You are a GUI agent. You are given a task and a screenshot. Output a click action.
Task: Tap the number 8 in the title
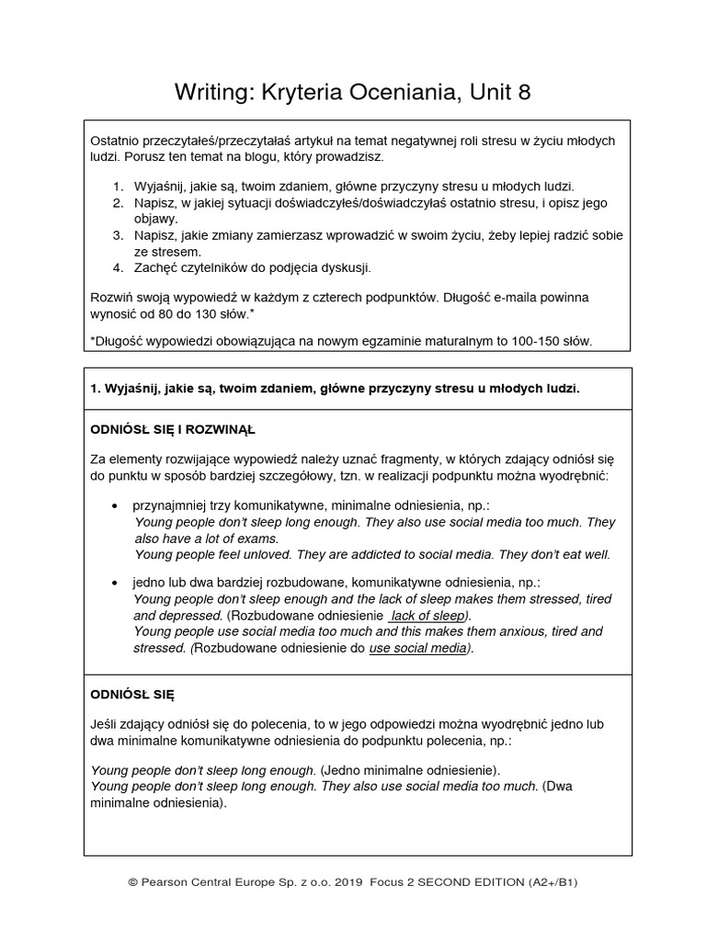tap(524, 92)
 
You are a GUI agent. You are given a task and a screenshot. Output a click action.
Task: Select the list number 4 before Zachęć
tap(118, 267)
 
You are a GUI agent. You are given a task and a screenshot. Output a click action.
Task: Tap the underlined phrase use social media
tap(418, 648)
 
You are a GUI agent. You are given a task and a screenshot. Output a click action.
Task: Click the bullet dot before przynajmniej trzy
tap(114, 506)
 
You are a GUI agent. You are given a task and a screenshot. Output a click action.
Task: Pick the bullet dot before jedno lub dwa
tap(114, 583)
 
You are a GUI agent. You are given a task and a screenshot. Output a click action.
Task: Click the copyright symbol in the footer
tap(133, 881)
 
